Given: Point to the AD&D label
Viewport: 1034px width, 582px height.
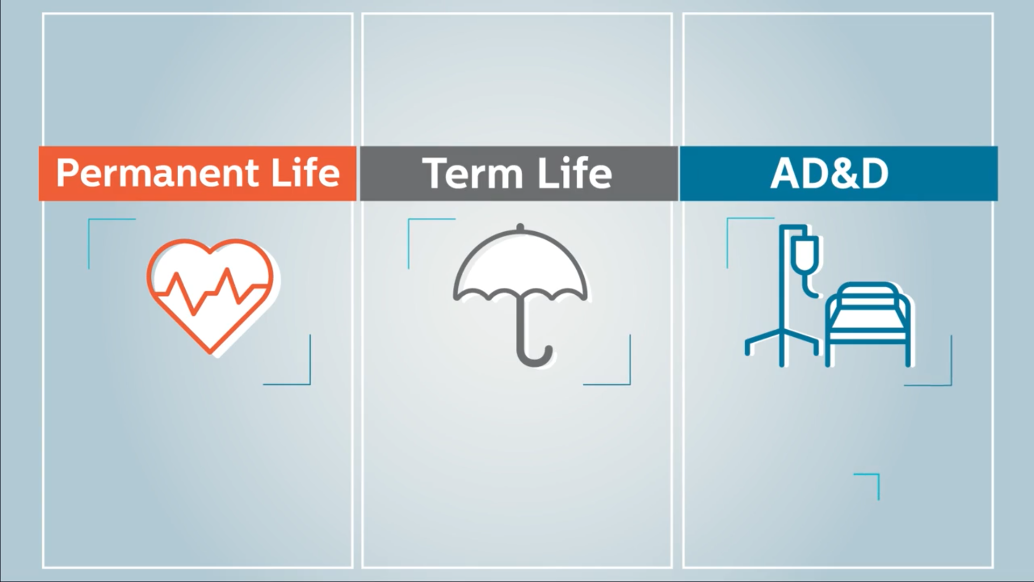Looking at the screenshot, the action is [x=829, y=174].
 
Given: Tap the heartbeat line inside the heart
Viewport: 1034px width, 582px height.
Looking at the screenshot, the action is [x=210, y=291].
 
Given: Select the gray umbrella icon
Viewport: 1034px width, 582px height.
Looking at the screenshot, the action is [x=520, y=294].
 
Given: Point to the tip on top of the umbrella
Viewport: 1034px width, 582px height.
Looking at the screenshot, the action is [x=520, y=226].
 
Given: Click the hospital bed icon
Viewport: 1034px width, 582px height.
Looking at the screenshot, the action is [x=868, y=324].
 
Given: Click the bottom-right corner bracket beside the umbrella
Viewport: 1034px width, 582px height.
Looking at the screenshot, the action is [x=630, y=384].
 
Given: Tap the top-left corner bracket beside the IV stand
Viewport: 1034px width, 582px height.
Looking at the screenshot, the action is [x=728, y=219].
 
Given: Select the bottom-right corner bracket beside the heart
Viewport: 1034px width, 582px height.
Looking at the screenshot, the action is [x=310, y=384].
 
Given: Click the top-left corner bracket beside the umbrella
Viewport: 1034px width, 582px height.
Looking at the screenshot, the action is [x=409, y=219].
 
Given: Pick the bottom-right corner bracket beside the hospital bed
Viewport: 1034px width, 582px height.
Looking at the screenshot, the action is [x=951, y=385].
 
